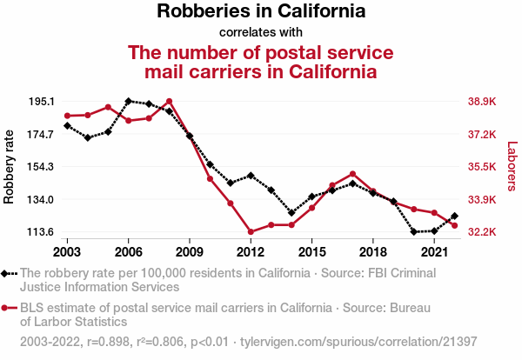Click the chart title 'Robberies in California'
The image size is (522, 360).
tap(261, 12)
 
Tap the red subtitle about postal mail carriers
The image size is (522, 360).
tap(261, 61)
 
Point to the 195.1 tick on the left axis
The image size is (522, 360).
tap(41, 102)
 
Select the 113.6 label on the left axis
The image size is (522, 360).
tap(41, 232)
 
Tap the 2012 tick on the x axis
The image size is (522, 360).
tap(251, 252)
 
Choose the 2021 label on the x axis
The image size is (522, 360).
tap(434, 252)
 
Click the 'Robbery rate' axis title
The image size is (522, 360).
tap(10, 167)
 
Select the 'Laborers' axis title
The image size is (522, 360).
tap(512, 167)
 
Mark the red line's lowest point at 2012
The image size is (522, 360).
tap(251, 232)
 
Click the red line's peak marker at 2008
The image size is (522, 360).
tap(169, 102)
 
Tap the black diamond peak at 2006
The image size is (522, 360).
tap(129, 102)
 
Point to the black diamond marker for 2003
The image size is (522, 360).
tap(67, 126)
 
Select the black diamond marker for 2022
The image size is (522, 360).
tap(455, 216)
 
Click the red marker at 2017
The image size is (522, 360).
tap(352, 174)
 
